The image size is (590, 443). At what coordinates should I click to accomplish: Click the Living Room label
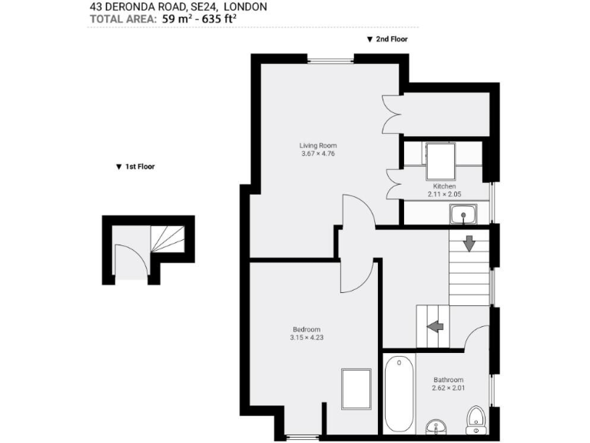(x=318, y=145)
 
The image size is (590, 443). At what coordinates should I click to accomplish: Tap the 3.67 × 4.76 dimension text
(x=318, y=154)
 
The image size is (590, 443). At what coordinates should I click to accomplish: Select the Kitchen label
(x=445, y=186)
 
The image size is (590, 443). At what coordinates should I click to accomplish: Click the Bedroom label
(x=305, y=329)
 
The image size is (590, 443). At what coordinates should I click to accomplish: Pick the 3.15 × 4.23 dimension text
(x=305, y=338)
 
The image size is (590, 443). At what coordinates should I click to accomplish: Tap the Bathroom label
(x=448, y=380)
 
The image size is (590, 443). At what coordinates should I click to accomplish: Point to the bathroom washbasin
(x=434, y=428)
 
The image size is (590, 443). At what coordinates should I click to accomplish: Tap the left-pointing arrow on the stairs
(x=436, y=326)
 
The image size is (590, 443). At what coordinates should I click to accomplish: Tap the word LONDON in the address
(x=245, y=7)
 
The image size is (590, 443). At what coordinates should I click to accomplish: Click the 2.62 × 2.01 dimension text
(x=448, y=388)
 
